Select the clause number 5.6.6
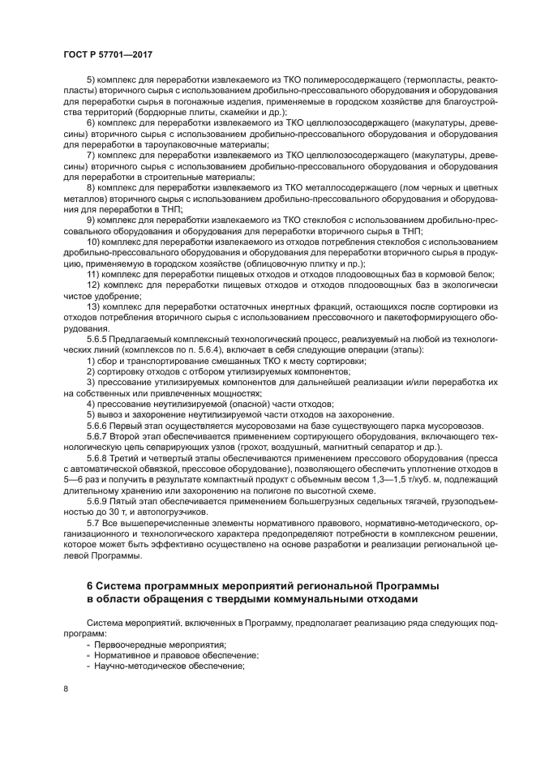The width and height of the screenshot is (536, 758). [99, 425]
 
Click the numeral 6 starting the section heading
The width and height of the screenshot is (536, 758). [90, 585]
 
